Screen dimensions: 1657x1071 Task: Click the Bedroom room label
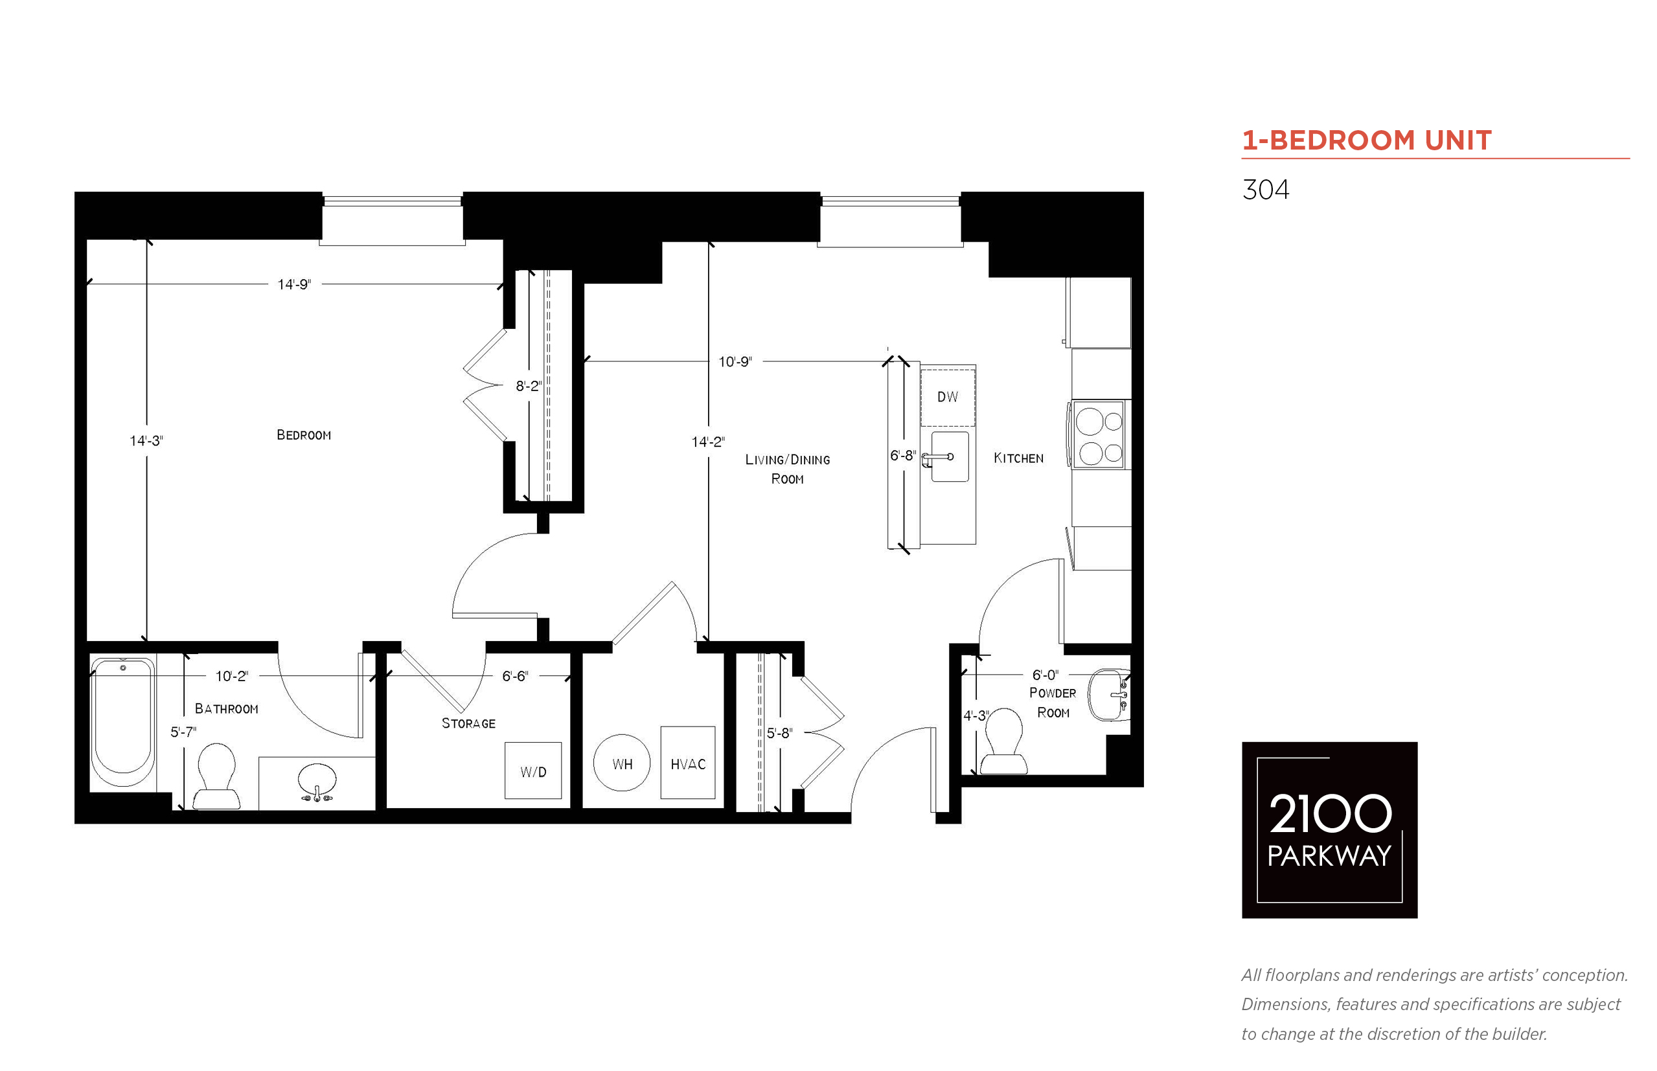[x=303, y=435]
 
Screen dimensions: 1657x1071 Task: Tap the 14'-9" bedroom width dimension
[x=294, y=284]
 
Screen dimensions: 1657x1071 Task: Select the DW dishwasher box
[x=948, y=396]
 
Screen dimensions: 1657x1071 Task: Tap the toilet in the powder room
[x=1004, y=742]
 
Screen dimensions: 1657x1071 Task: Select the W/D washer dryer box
[x=533, y=771]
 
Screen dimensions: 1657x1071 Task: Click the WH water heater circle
[x=622, y=763]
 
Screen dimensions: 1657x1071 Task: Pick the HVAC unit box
[x=687, y=763]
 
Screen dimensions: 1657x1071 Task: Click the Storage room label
[x=468, y=723]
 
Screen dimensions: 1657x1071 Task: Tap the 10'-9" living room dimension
[x=735, y=361]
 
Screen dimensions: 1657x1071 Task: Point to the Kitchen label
[x=1018, y=458]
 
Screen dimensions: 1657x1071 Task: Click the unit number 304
[x=1265, y=190]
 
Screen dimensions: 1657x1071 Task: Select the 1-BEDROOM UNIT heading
[x=1367, y=141]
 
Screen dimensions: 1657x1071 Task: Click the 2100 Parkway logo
[x=1329, y=829]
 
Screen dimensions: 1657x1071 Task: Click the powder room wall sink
[x=1109, y=694]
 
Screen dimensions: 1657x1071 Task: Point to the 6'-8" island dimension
[x=902, y=455]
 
